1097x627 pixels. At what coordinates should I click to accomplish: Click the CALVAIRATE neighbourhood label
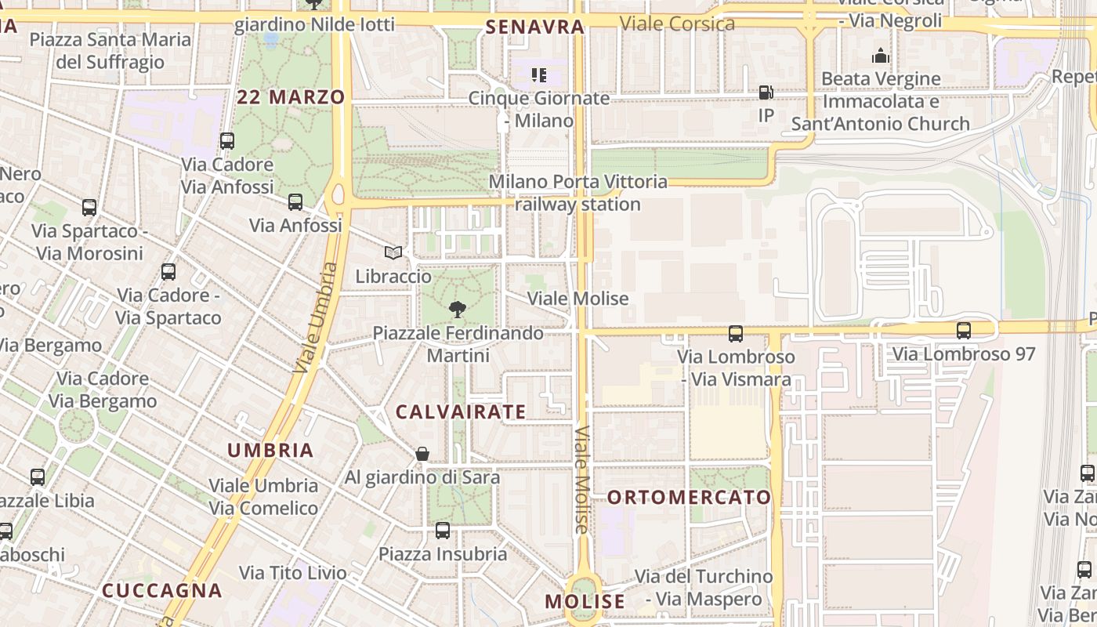(461, 411)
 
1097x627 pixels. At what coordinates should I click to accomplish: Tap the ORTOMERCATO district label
(690, 497)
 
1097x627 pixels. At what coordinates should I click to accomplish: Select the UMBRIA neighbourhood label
(270, 450)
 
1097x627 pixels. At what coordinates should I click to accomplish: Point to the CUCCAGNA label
(162, 590)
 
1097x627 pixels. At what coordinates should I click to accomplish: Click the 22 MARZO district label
(291, 97)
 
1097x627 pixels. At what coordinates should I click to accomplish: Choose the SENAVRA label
(535, 27)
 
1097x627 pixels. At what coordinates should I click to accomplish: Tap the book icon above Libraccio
(393, 252)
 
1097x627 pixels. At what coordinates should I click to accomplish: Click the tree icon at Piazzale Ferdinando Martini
(458, 310)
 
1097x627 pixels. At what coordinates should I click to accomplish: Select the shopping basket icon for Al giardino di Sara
(422, 454)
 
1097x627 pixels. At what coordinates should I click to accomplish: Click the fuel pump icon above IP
(766, 92)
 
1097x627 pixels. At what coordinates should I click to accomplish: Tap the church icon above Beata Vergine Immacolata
(881, 56)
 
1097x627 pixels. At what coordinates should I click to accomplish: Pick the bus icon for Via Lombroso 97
(964, 331)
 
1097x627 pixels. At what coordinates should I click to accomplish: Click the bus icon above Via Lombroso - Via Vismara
(736, 334)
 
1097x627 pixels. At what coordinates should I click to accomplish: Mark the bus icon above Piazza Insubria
(443, 531)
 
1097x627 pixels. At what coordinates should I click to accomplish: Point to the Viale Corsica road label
(677, 24)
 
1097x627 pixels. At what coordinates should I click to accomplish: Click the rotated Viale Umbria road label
(317, 317)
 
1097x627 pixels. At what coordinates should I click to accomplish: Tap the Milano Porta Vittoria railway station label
(578, 193)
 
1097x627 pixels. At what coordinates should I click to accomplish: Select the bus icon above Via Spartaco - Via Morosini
(89, 208)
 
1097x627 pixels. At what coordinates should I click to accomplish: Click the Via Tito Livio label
(293, 573)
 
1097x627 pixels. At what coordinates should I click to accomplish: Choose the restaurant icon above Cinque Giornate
(538, 75)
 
